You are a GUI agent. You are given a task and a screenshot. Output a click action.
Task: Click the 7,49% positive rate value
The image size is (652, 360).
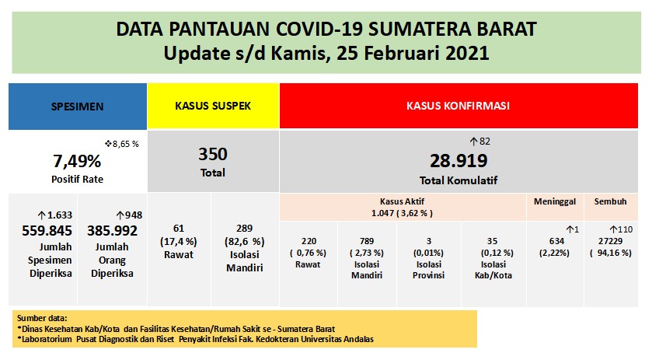coord(77,162)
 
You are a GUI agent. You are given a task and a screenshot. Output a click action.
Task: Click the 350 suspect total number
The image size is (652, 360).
coord(213,154)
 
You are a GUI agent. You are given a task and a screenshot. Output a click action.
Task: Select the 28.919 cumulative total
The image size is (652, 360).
coord(458,161)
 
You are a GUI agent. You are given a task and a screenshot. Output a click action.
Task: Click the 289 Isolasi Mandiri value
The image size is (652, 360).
coord(245,227)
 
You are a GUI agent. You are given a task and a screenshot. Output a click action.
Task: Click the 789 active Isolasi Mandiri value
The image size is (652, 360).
coord(369,242)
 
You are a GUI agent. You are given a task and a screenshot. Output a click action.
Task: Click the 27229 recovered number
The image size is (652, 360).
coord(610,241)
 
